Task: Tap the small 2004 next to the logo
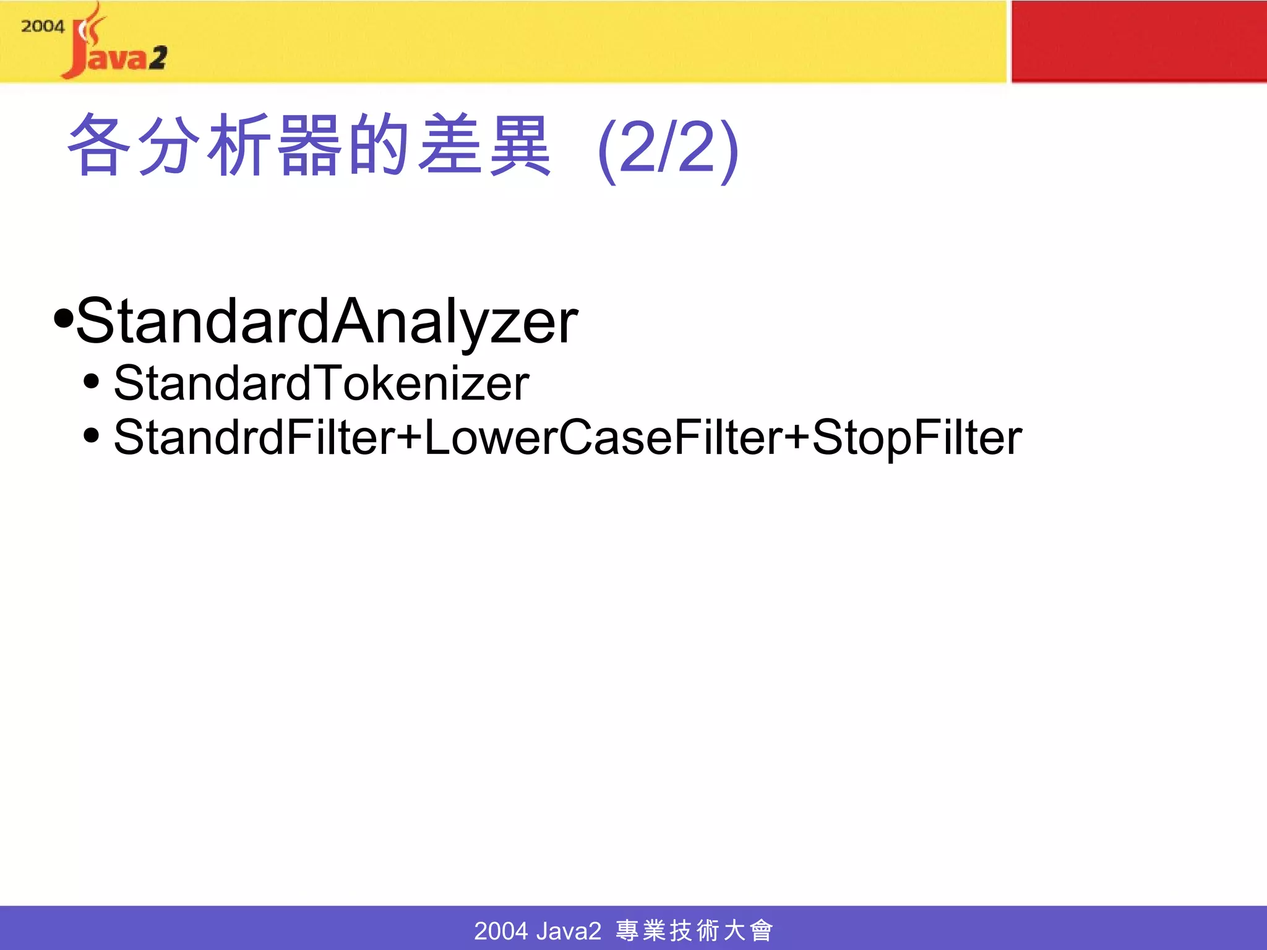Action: click(x=42, y=27)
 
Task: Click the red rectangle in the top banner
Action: click(x=1138, y=41)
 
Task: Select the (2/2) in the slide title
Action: click(x=668, y=148)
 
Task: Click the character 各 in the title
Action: click(x=99, y=146)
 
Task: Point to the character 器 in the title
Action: click(x=309, y=146)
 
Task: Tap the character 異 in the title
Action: click(x=518, y=146)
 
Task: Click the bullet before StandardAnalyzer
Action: click(x=63, y=319)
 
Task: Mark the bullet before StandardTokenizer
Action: click(x=91, y=382)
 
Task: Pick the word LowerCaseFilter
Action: click(x=603, y=438)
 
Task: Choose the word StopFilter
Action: click(x=917, y=438)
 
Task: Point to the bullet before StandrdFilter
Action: click(x=91, y=435)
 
